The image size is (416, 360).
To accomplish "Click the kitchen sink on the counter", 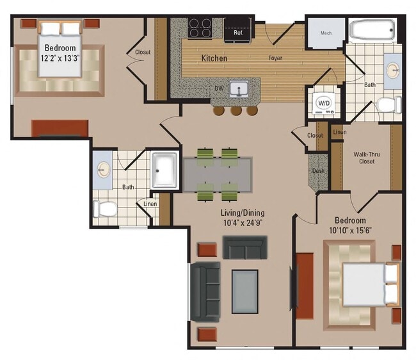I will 239,90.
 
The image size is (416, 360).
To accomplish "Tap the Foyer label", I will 275,58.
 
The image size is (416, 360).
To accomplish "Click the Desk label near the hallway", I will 318,171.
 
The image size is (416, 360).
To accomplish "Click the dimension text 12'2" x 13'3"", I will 60,59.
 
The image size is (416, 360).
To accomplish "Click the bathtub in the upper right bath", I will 374,31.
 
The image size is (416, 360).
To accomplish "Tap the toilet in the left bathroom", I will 106,208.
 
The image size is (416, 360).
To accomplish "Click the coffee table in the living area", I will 244,290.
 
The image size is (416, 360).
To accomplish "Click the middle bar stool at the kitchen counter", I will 236,111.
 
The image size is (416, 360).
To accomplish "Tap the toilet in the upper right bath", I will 388,104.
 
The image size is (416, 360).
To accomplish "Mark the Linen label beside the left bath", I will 150,204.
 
